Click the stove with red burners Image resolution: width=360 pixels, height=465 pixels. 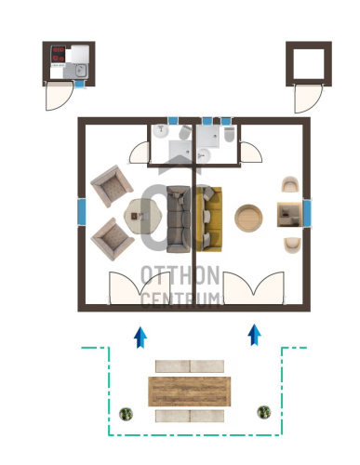[58, 54]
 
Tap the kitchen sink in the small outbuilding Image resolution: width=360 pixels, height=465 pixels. [81, 70]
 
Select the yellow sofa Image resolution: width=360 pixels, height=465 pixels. [209, 219]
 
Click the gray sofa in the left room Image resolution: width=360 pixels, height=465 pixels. [179, 219]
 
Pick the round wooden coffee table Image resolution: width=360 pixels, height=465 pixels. [248, 218]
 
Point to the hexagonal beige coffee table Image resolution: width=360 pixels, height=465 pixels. [142, 217]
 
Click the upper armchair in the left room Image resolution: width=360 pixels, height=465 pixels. [112, 186]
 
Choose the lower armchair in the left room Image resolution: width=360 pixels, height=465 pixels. [113, 239]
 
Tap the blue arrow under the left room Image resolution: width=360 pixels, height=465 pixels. [140, 338]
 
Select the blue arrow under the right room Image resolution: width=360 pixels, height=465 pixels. [255, 335]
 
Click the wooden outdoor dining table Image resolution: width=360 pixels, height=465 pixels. [190, 392]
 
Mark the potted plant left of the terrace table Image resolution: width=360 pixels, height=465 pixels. [127, 414]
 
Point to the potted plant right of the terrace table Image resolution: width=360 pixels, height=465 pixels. [264, 412]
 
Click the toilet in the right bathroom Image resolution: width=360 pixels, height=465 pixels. [229, 134]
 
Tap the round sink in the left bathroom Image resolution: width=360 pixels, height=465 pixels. [161, 131]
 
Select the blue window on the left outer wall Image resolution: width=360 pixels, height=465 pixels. [82, 212]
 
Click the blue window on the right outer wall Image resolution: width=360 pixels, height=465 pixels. [307, 214]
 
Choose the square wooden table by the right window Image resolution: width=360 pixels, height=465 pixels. [289, 215]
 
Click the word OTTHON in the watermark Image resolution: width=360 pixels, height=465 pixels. [180, 275]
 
